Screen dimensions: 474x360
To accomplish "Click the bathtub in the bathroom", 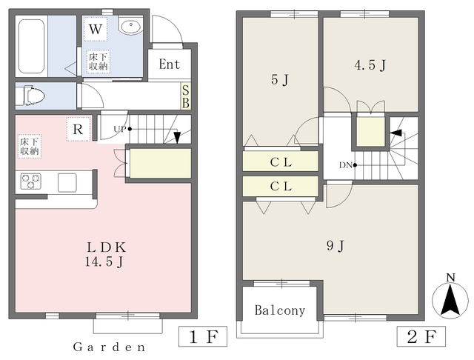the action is click(x=32, y=46).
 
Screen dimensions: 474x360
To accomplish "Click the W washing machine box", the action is click(x=96, y=30).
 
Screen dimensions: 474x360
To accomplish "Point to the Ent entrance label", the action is click(x=170, y=64).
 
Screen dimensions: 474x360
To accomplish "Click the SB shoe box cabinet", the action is click(x=186, y=96).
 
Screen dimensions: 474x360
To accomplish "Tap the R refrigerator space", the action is click(x=79, y=129).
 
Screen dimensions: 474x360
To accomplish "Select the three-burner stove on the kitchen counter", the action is click(x=30, y=181).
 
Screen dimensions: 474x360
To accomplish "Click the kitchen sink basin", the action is click(x=67, y=182).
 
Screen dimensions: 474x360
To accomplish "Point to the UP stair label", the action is click(x=120, y=129).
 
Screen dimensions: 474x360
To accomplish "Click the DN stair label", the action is click(x=346, y=165).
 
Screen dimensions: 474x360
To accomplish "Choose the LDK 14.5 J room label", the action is click(x=105, y=255).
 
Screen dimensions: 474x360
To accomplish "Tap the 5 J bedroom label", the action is click(x=280, y=80).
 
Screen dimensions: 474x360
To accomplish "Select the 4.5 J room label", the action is click(x=370, y=65).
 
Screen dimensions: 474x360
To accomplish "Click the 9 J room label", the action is click(x=336, y=246).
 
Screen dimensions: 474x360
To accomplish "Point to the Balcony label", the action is click(x=280, y=310).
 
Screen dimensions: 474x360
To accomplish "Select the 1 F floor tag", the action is click(x=203, y=336).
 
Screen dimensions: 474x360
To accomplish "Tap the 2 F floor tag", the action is click(x=421, y=336).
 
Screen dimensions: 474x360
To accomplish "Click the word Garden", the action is click(x=110, y=347).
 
